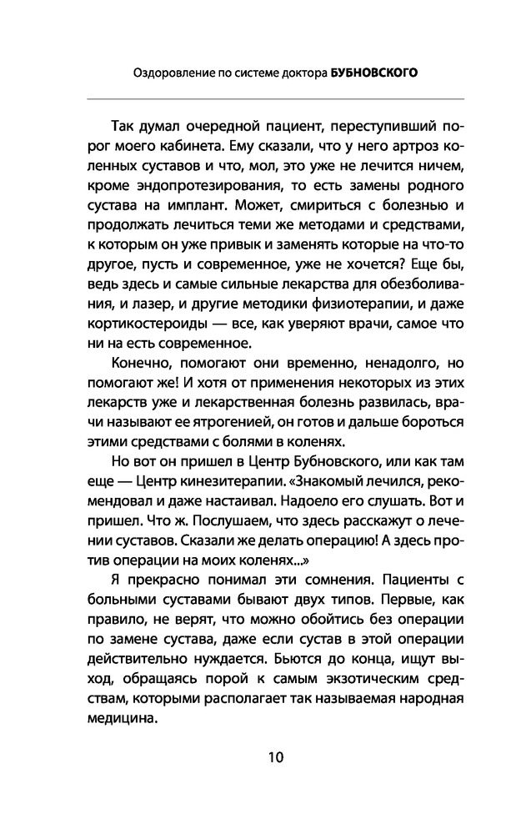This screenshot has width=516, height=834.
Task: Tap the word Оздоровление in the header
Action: (173, 73)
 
